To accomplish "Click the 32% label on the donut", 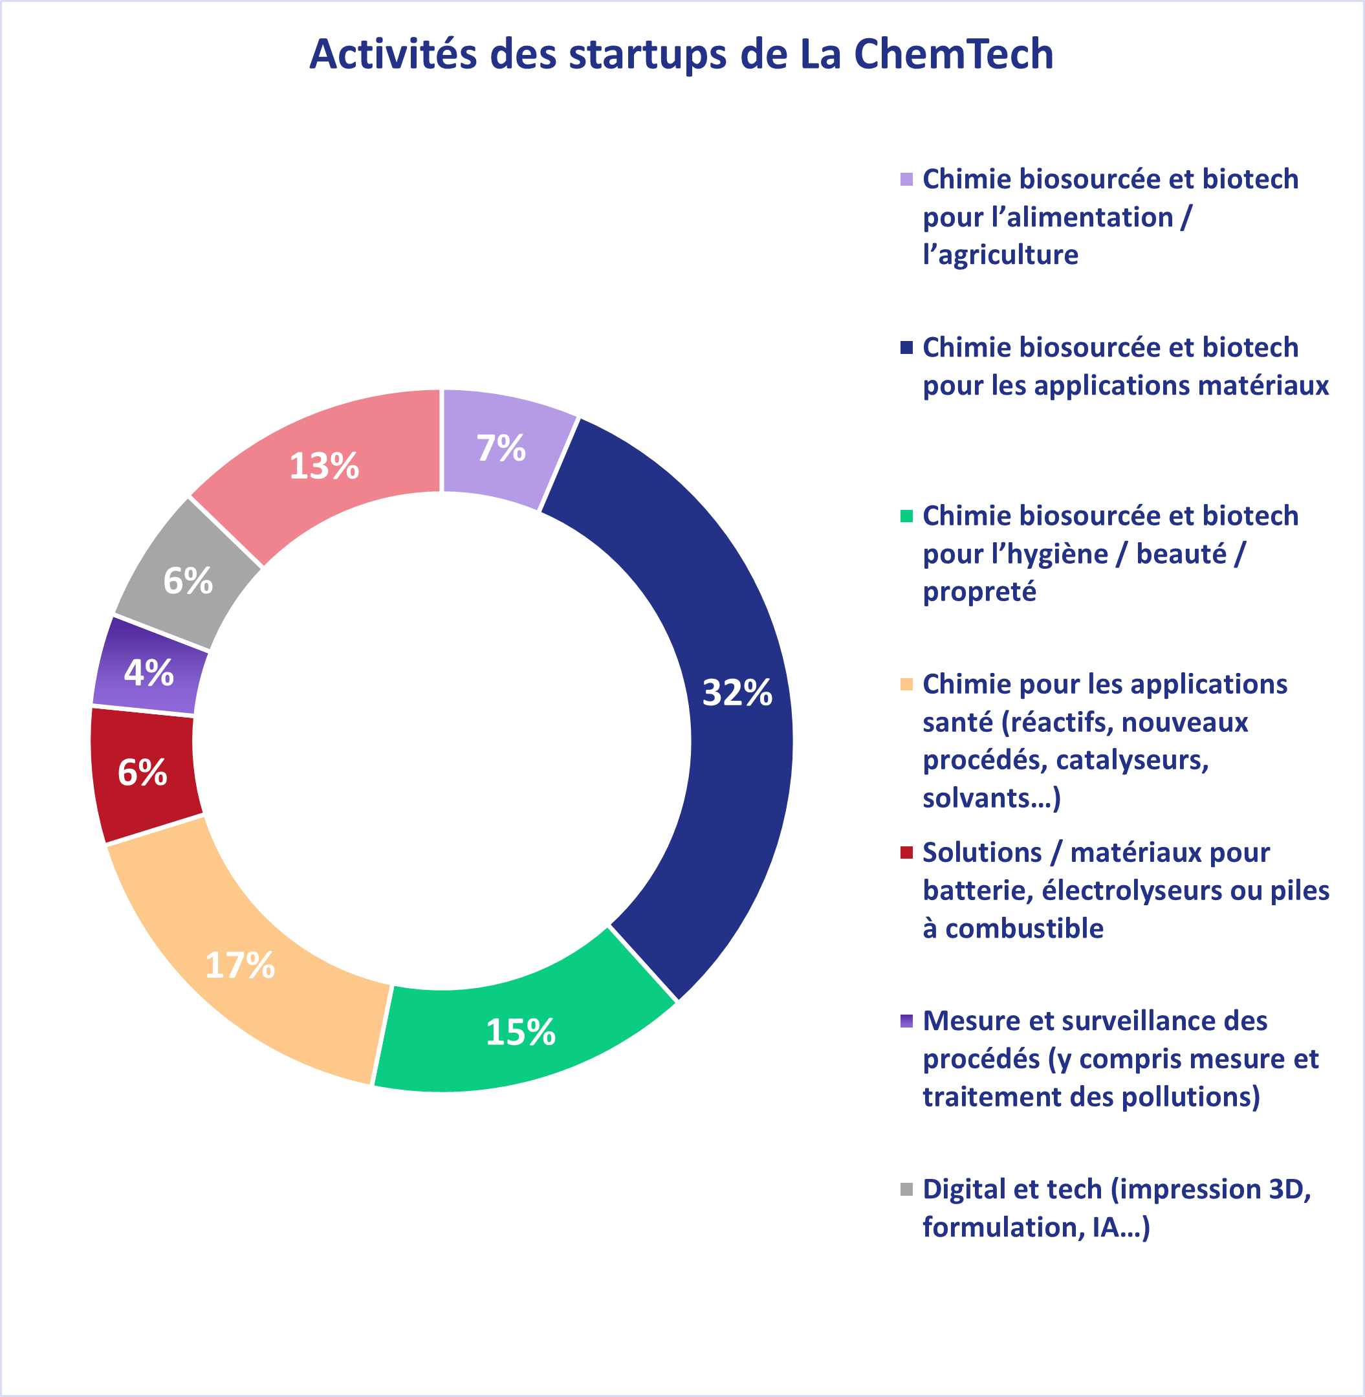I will pos(737,693).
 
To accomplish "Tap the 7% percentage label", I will pos(501,448).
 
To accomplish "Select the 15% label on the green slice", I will pos(521,1033).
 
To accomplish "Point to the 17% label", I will pos(240,965).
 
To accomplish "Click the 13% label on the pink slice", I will pos(324,466).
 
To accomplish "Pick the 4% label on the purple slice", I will pos(149,673).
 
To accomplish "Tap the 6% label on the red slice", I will pos(143,773).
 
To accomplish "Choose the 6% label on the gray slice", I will pos(188,581).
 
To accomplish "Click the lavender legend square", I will pos(906,179).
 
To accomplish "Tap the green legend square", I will pos(906,516).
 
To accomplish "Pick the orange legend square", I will pos(906,684).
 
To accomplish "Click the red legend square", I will pos(906,853).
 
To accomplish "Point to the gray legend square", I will pos(906,1190).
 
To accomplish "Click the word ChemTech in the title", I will pos(954,54).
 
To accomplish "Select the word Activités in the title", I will pos(393,54).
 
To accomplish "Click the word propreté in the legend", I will pos(979,592).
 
